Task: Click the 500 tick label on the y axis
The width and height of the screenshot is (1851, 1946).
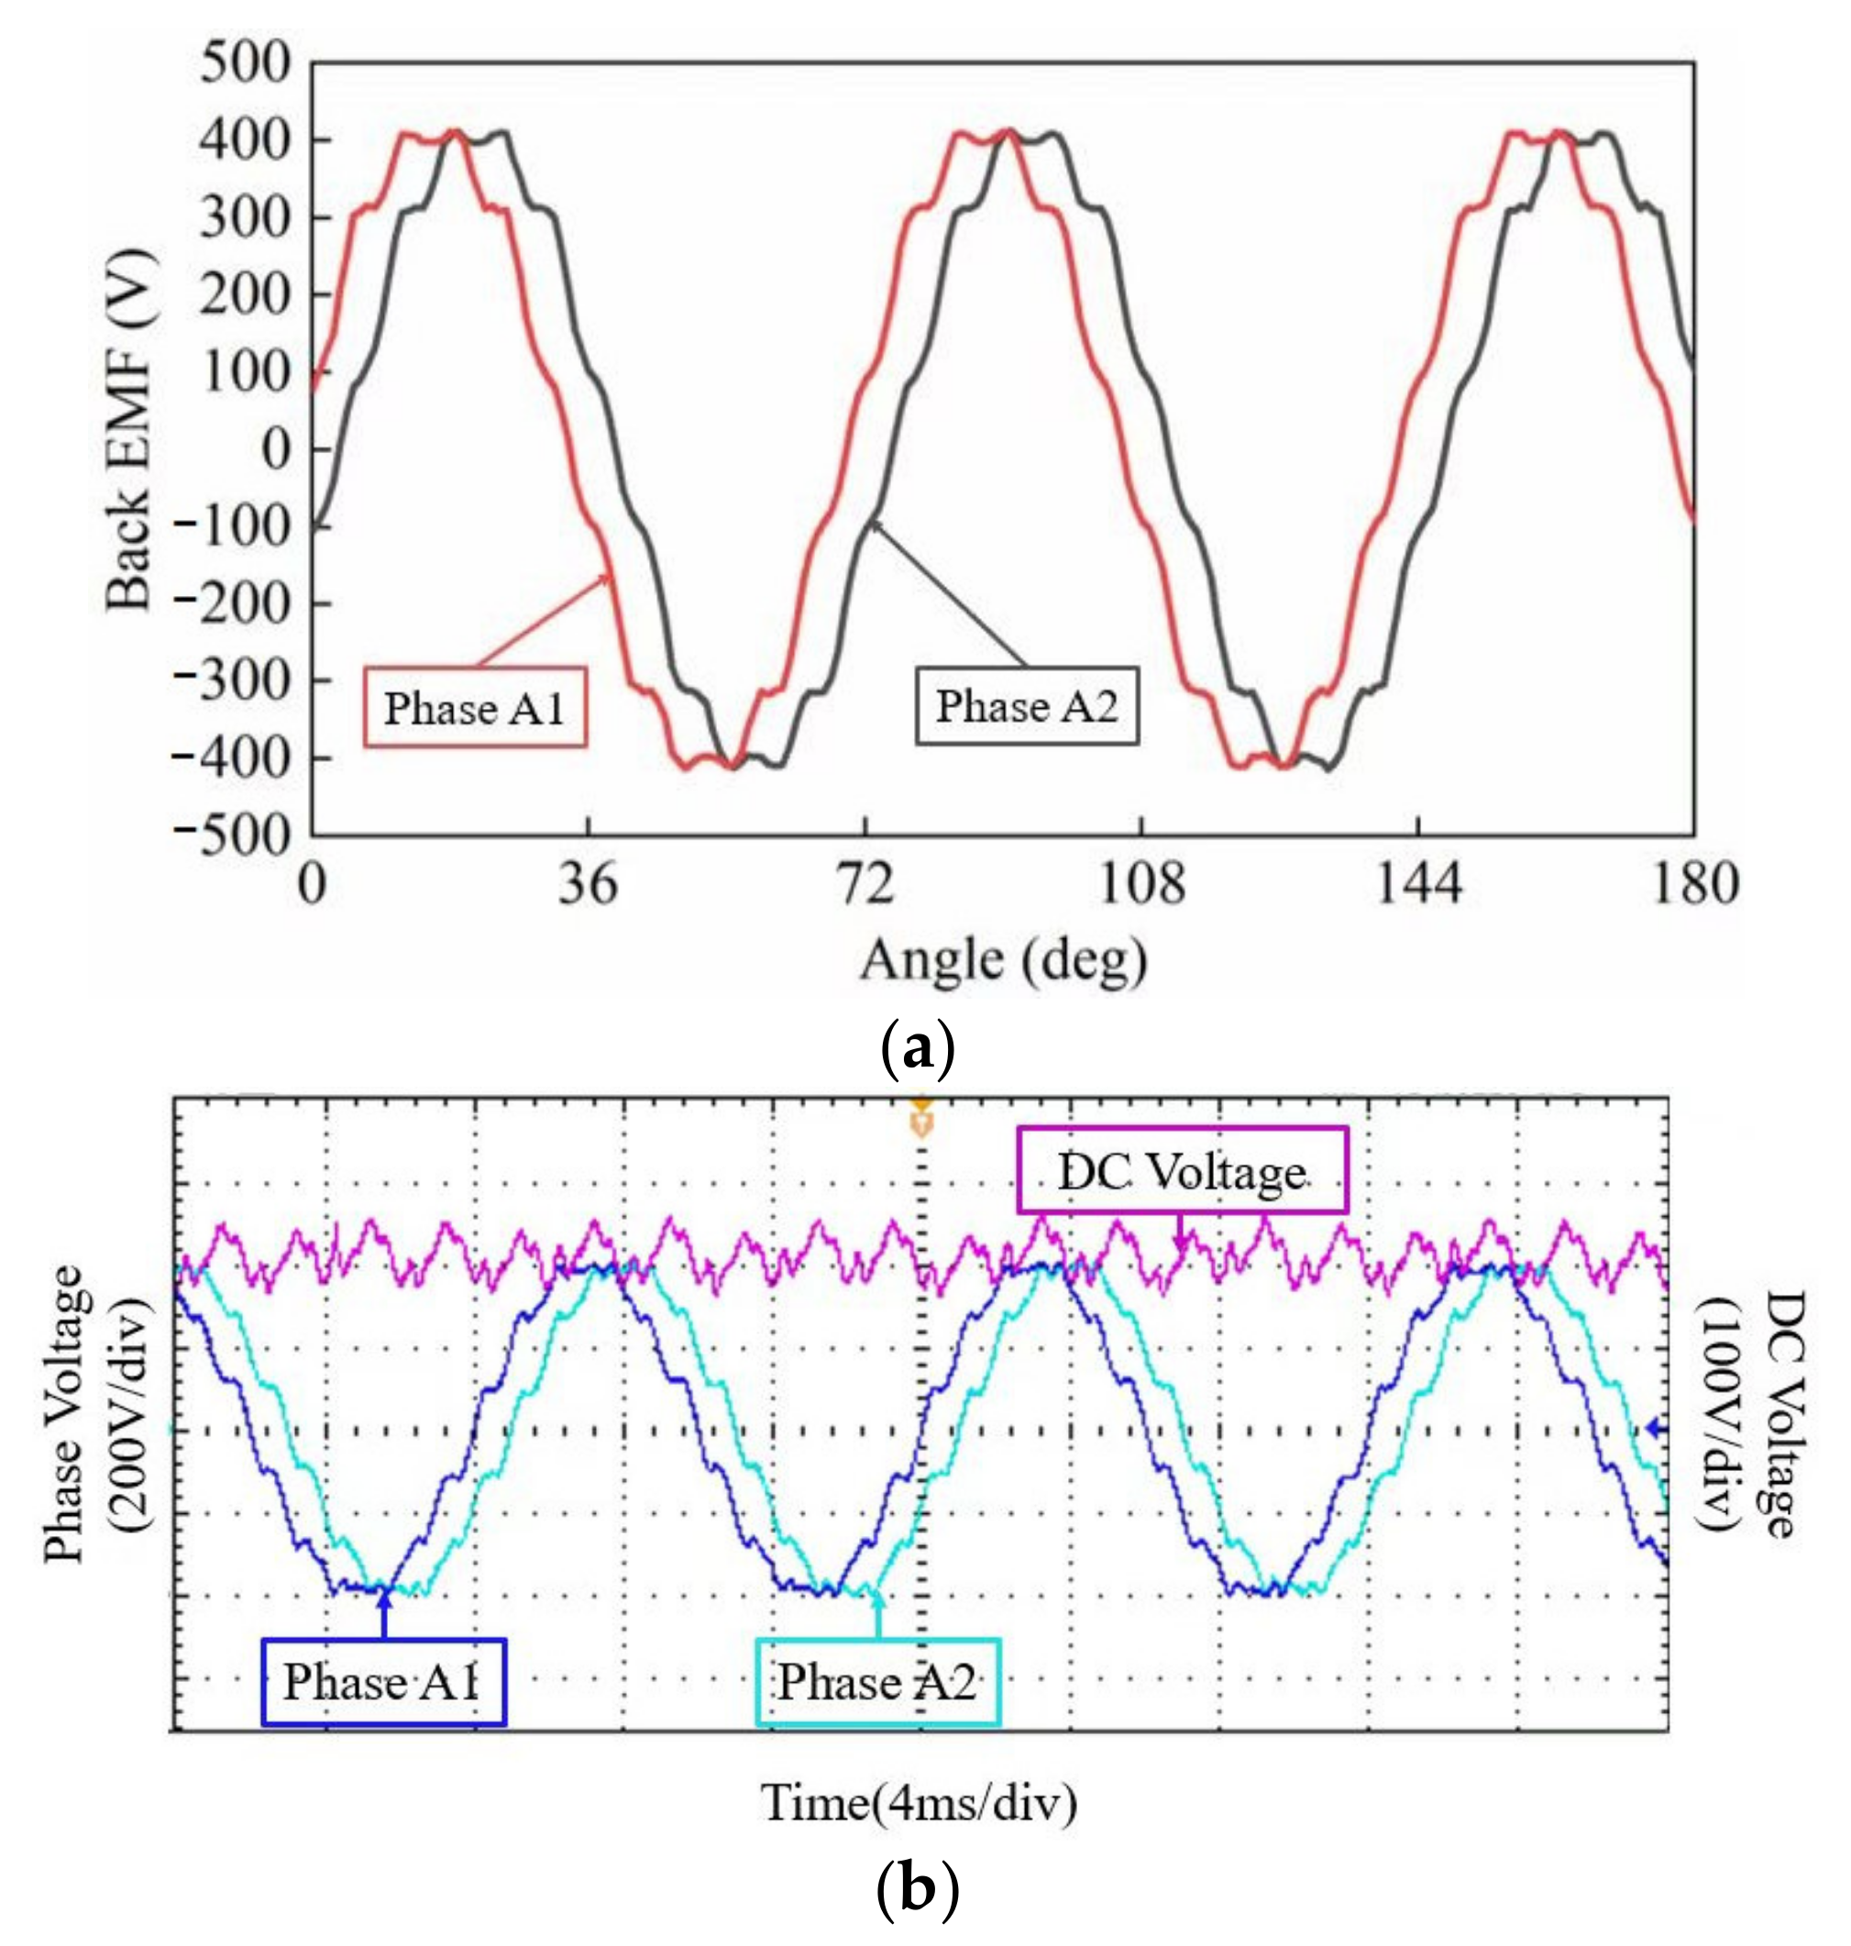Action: point(246,65)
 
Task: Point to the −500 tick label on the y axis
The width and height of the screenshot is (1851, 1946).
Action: point(233,834)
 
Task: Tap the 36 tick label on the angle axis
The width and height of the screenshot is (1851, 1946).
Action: point(588,884)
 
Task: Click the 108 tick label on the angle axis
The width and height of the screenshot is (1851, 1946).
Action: point(1141,884)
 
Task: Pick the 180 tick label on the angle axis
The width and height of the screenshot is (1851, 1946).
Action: point(1694,884)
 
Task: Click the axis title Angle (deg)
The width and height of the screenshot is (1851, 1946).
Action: point(1004,960)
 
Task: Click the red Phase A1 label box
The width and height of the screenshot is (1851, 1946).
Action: point(475,708)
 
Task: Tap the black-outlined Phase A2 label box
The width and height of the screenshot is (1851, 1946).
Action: point(1026,705)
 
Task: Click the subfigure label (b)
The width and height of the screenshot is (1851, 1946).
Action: point(917,1891)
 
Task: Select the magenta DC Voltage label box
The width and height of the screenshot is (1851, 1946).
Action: point(1181,1170)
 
